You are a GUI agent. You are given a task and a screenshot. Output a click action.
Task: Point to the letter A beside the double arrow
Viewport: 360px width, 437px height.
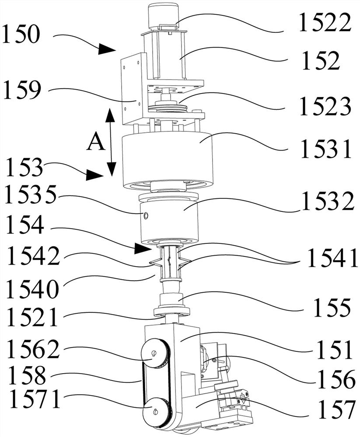[x=95, y=142]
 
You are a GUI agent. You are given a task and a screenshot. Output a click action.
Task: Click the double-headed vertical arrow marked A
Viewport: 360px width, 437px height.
[x=111, y=142]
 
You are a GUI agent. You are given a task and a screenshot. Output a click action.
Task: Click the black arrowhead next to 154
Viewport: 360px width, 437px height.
[x=143, y=249]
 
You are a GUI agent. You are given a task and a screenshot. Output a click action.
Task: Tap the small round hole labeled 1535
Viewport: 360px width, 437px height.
[x=146, y=215]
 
